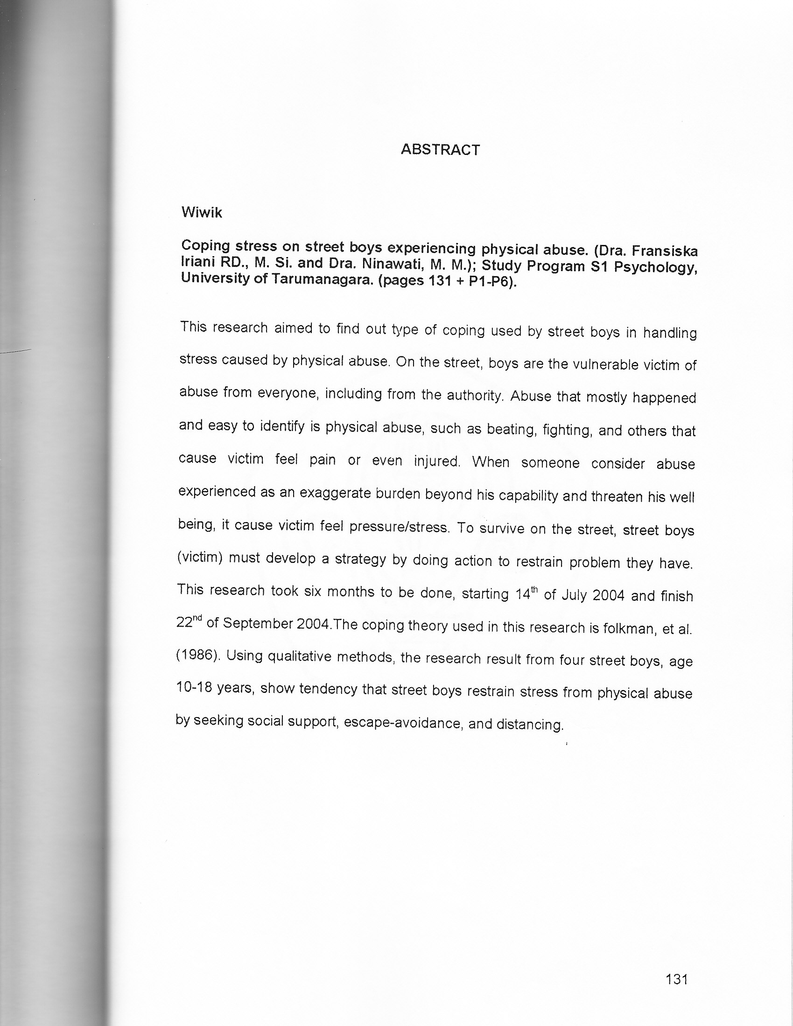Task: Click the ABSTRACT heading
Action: click(x=440, y=150)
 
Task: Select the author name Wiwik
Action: click(x=202, y=213)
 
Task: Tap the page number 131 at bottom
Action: click(x=677, y=979)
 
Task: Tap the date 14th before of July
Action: click(x=526, y=594)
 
